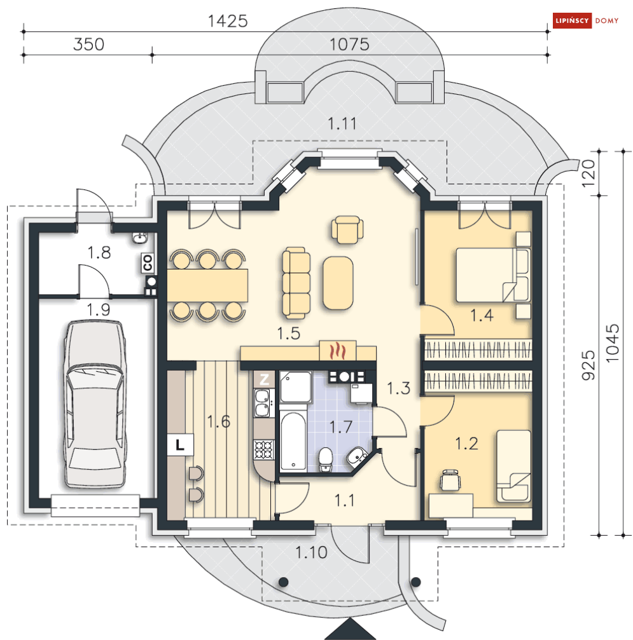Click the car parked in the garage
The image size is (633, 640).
[x=95, y=404]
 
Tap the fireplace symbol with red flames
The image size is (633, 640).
[x=338, y=350]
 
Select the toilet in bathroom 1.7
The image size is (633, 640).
[x=326, y=459]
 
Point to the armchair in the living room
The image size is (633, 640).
[x=347, y=230]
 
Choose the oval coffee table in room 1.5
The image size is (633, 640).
[x=338, y=282]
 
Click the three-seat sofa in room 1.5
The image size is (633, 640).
[x=296, y=282]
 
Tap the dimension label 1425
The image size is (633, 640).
[x=228, y=21]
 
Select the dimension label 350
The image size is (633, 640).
[x=88, y=44]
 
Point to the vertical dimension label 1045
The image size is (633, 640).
[x=612, y=343]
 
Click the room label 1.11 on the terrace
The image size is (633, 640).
[x=342, y=123]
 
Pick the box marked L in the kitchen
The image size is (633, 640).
[x=180, y=444]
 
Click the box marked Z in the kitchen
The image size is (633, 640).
[x=264, y=379]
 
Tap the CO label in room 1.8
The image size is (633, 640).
[x=148, y=262]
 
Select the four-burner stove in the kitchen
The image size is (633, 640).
[x=263, y=450]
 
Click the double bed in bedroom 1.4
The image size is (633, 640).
[x=493, y=275]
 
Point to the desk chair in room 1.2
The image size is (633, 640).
[x=450, y=479]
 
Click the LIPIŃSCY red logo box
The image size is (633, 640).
[x=572, y=20]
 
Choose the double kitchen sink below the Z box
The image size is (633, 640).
[x=262, y=403]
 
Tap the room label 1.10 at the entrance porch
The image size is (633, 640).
[x=311, y=552]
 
